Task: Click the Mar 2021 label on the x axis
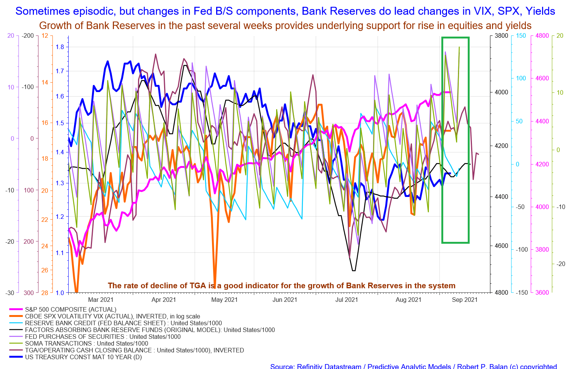pos(101,300)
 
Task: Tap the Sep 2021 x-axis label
pos(465,300)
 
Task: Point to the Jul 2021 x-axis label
pos(347,300)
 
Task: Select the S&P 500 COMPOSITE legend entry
pos(71,310)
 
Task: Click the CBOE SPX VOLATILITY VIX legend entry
pos(112,317)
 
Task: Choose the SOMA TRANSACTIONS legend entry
pos(86,344)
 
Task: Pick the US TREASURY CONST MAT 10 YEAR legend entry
pos(83,357)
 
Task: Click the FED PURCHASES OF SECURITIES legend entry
pos(103,337)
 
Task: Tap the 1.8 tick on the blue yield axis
pos(60,47)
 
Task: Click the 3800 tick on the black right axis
pos(501,36)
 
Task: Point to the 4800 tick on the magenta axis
pos(542,36)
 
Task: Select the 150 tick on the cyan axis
pos(521,36)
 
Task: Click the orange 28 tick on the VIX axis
pos(45,293)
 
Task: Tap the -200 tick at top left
pos(28,36)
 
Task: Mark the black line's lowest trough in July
pos(353,271)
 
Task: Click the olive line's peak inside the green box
pos(459,47)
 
